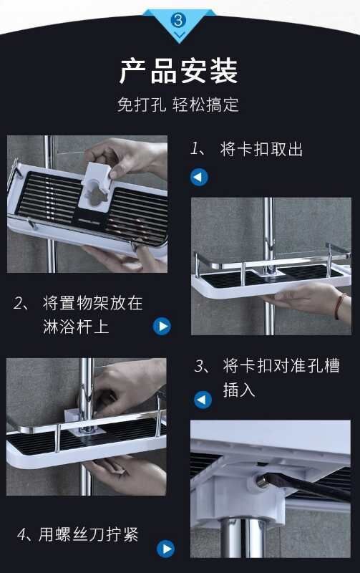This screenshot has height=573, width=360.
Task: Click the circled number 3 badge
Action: [x=178, y=20]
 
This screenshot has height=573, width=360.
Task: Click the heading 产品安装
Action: [x=179, y=71]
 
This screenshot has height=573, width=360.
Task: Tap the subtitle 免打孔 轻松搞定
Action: [x=177, y=105]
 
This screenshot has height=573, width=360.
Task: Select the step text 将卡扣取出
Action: [x=261, y=150]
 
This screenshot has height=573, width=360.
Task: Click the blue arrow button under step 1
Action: [x=199, y=177]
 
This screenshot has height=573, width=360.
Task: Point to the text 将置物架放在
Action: [x=93, y=303]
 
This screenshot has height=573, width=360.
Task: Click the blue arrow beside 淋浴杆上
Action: [x=162, y=326]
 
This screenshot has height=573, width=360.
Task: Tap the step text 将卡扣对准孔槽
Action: [x=281, y=366]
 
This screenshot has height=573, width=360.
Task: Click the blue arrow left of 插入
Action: [x=203, y=400]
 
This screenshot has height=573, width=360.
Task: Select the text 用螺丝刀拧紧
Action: [x=89, y=534]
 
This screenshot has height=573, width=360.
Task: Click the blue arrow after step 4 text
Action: [x=165, y=549]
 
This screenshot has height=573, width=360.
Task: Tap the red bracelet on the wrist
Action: [x=339, y=307]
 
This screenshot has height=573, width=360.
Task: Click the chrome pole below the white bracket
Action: [x=241, y=538]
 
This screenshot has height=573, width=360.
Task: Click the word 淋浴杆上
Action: [x=76, y=327]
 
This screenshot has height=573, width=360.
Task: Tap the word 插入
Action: [x=239, y=390]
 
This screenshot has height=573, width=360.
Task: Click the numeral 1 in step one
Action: [x=194, y=149]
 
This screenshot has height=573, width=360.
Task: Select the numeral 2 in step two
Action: [x=18, y=303]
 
